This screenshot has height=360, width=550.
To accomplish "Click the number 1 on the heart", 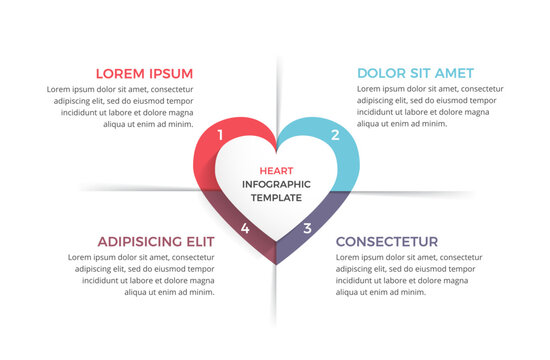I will [x=220, y=134].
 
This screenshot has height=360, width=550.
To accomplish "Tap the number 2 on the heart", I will [x=335, y=135].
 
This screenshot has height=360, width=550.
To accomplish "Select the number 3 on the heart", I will [x=307, y=228].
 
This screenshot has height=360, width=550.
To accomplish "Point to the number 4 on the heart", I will [x=245, y=228].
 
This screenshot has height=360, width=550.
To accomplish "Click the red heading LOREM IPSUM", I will [x=144, y=73].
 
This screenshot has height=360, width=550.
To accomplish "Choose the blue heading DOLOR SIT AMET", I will [x=415, y=73].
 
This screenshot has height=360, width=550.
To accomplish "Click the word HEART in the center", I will [x=276, y=170].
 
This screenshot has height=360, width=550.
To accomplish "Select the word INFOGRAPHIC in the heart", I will [x=276, y=184].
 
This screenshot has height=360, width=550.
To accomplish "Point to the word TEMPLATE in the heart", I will [x=276, y=198].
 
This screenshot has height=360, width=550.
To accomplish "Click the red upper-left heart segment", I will [x=206, y=160].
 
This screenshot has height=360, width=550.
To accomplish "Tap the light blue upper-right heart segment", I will [x=350, y=160].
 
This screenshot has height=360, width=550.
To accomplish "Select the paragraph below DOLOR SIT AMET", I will [x=430, y=107].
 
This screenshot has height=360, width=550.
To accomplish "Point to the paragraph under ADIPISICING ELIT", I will [x=141, y=274].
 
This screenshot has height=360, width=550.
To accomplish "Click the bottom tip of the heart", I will [x=277, y=263].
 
